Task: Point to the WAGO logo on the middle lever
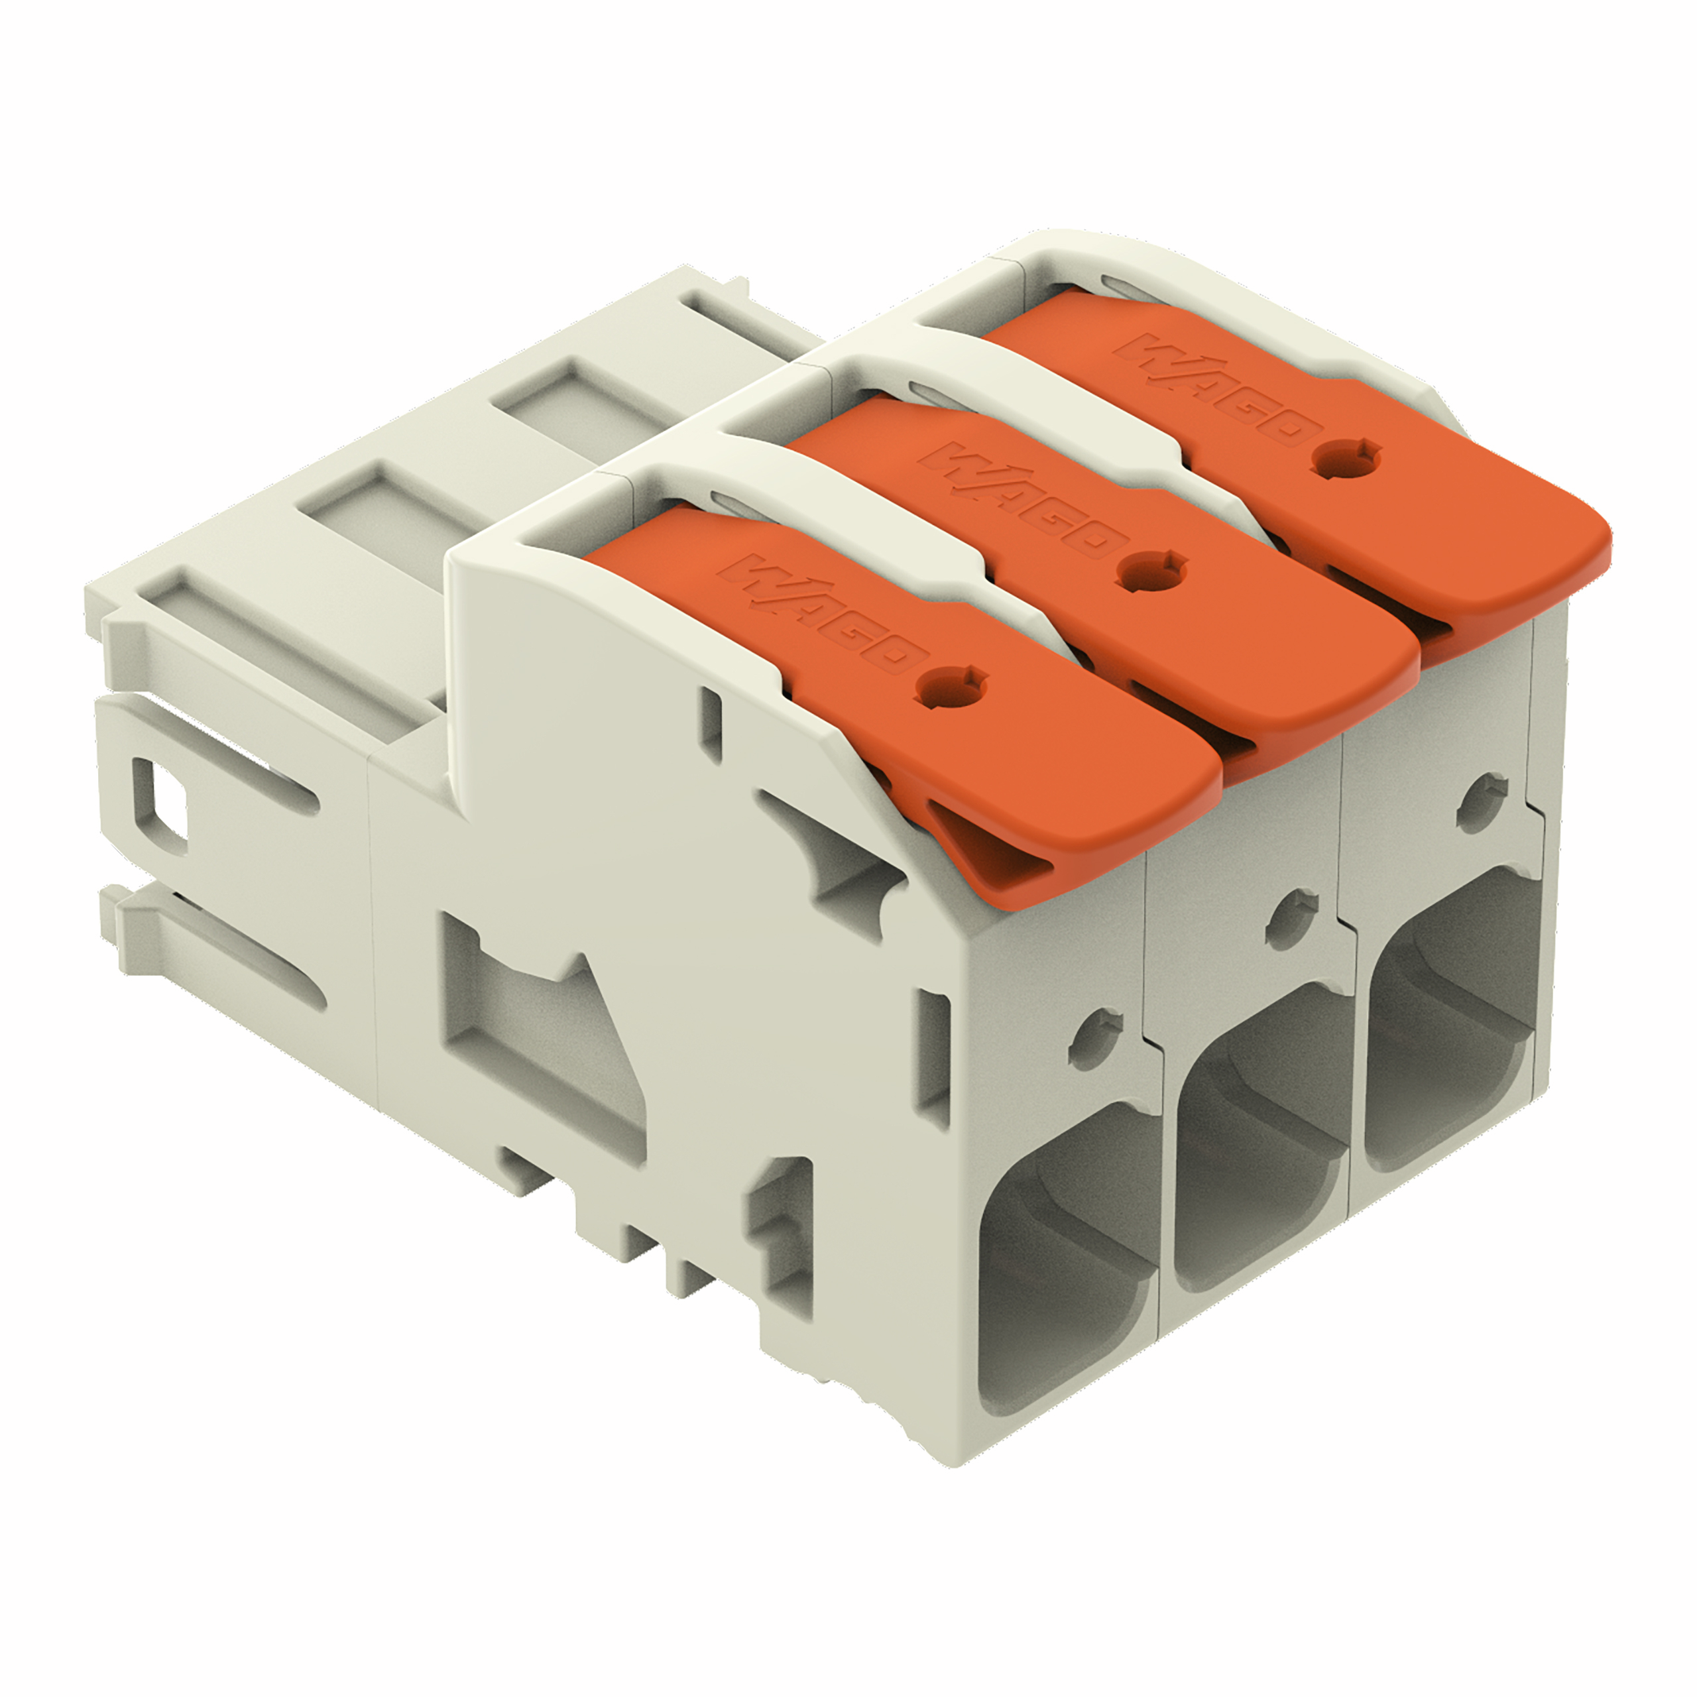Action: tap(1020, 500)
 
